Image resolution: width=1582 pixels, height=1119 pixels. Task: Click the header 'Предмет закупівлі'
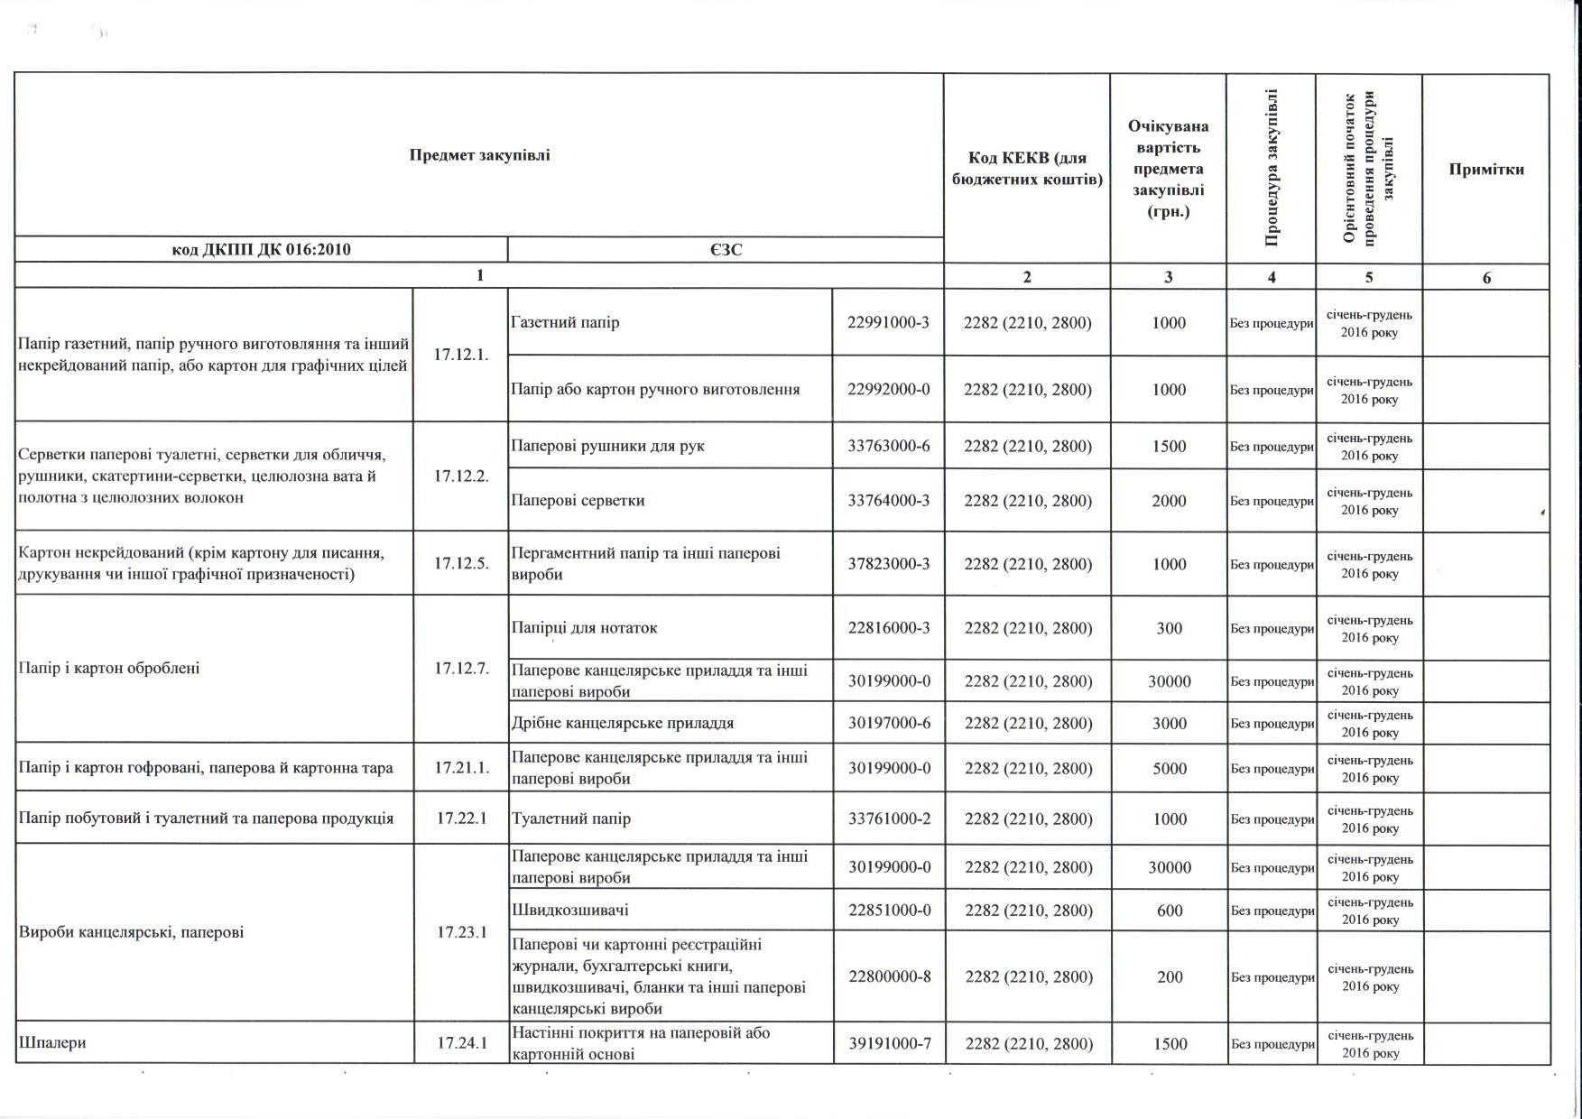(x=479, y=154)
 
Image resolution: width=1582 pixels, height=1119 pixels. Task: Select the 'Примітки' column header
(x=1485, y=170)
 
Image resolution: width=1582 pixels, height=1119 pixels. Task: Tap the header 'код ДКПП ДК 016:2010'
(x=261, y=250)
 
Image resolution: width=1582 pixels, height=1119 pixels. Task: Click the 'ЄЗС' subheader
(x=726, y=250)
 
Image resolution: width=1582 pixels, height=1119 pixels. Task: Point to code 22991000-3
(x=888, y=322)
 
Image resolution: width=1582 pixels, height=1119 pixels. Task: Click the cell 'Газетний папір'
(x=565, y=322)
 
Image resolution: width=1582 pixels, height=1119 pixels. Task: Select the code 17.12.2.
(x=460, y=476)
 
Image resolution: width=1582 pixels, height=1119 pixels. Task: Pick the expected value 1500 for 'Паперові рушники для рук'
(x=1169, y=446)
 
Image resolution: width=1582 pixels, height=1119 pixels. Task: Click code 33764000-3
(x=888, y=500)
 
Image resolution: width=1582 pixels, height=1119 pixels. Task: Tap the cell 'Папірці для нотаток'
(x=584, y=627)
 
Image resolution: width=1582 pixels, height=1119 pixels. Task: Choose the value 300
(x=1169, y=628)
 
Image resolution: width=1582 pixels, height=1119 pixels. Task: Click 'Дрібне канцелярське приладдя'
(x=622, y=723)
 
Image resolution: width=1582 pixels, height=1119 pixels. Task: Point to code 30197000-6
(x=888, y=723)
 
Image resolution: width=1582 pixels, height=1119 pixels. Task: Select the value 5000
(x=1169, y=768)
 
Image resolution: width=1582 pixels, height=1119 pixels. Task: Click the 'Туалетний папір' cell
(x=570, y=818)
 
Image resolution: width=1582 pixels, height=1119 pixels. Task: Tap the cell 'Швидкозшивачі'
(x=569, y=910)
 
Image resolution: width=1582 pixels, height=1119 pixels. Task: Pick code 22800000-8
(x=888, y=976)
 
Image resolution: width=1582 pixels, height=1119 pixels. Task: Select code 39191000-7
(x=888, y=1043)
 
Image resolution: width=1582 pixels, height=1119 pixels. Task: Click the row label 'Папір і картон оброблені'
(x=109, y=668)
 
